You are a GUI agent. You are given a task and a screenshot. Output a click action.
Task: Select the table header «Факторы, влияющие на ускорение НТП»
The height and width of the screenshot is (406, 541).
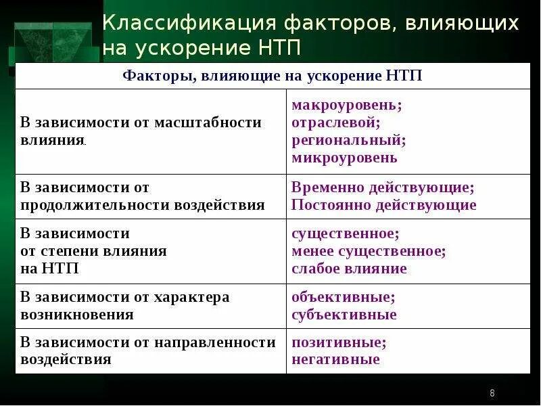(x=273, y=76)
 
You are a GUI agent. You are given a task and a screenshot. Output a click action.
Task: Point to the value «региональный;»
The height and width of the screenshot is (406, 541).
(x=348, y=141)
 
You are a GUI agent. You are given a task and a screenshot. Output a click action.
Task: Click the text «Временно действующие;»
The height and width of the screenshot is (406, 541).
(x=383, y=187)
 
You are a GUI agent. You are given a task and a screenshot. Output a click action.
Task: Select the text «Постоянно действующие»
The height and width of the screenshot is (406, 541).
(x=383, y=205)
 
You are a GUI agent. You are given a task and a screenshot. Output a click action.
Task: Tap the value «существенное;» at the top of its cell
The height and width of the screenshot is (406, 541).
(x=346, y=233)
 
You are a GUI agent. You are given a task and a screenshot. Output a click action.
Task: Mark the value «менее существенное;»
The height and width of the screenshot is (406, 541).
(x=369, y=251)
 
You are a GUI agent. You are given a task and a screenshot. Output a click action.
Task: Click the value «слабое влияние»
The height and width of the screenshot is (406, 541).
(x=349, y=269)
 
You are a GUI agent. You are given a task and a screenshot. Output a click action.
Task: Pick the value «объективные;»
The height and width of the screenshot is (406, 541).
(x=344, y=297)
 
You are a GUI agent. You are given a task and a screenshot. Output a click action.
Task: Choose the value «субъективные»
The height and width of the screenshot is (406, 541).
(x=344, y=315)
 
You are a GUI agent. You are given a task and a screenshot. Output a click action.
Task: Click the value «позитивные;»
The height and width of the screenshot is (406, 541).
(x=339, y=342)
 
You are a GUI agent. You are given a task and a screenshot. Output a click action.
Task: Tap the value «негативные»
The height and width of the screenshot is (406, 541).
(x=335, y=360)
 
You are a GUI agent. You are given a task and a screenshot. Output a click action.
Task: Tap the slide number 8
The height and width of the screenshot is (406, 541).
(x=492, y=394)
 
